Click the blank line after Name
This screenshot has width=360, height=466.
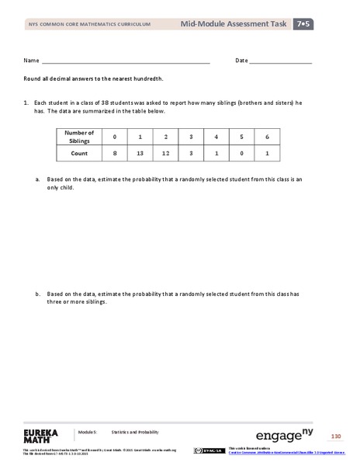[x=125, y=61]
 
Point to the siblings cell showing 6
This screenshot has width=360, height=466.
[x=266, y=137]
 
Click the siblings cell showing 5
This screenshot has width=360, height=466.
[x=241, y=137]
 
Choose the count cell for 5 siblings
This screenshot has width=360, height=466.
[x=241, y=153]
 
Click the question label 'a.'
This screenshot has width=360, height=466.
[x=37, y=179]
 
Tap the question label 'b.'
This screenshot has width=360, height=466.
[x=37, y=294]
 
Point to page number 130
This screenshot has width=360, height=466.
[x=336, y=435]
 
